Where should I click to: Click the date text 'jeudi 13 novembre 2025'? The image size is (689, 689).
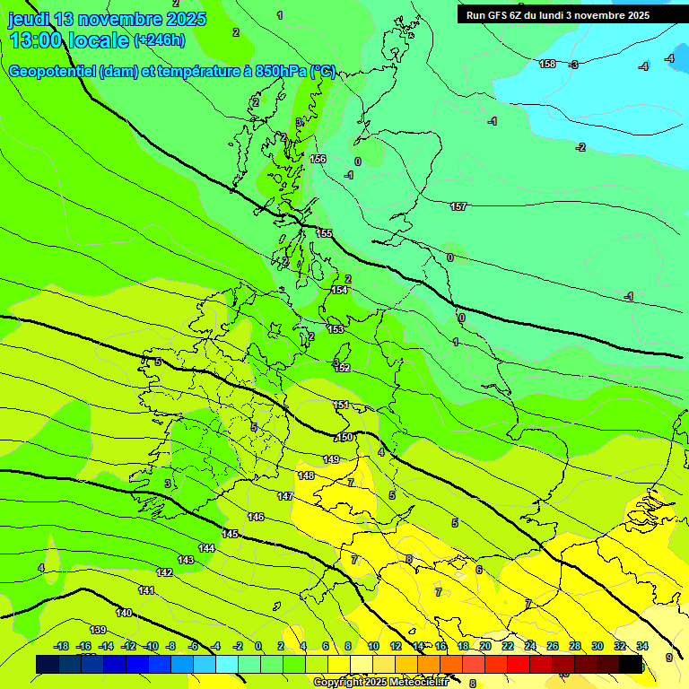pos(108,19)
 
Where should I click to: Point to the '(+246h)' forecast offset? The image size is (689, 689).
pos(160,40)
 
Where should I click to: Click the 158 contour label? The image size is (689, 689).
pos(547,64)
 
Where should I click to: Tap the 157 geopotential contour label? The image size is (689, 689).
pos(458,206)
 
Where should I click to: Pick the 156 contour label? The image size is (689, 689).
pos(318,159)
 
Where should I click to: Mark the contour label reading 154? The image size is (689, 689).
pos(339,290)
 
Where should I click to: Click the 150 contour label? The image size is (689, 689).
pos(344,437)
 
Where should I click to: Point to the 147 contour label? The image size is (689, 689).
pos(285,496)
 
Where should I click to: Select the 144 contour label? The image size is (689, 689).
pos(206,547)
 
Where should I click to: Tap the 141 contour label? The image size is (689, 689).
pos(146,589)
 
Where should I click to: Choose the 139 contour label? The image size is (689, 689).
pos(99,630)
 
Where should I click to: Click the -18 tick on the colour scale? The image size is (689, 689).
pos(61,646)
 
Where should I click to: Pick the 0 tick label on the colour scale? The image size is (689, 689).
pos(258,646)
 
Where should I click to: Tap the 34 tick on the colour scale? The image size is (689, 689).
pos(642,646)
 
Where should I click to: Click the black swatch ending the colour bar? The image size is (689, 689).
pos(631,664)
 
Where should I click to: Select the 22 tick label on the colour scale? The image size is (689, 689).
pos(507,646)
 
